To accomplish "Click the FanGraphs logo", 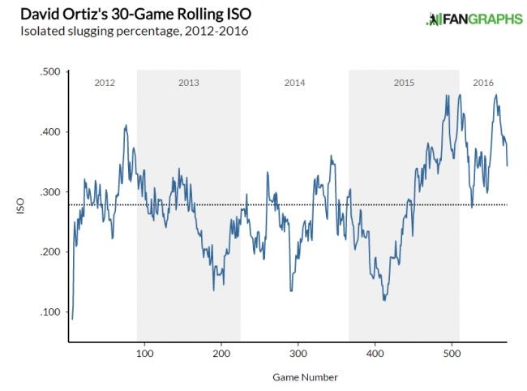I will click(474, 19).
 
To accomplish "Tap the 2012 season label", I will click(105, 83).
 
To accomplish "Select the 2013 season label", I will click(188, 83).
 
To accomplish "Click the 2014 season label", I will click(294, 83).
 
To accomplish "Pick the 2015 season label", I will click(404, 83).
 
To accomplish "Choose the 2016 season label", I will click(483, 83).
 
